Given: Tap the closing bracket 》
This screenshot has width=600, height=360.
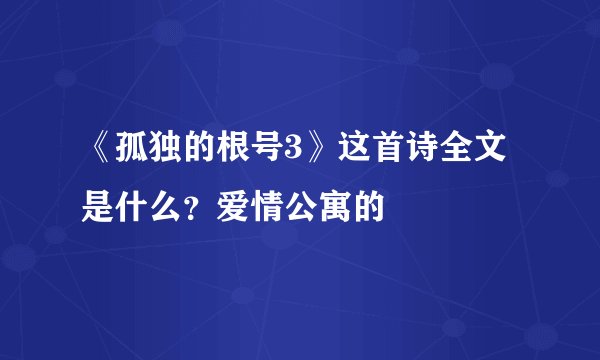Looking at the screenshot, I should click(x=318, y=153).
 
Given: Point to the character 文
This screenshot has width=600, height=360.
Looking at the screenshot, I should click(x=492, y=153).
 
